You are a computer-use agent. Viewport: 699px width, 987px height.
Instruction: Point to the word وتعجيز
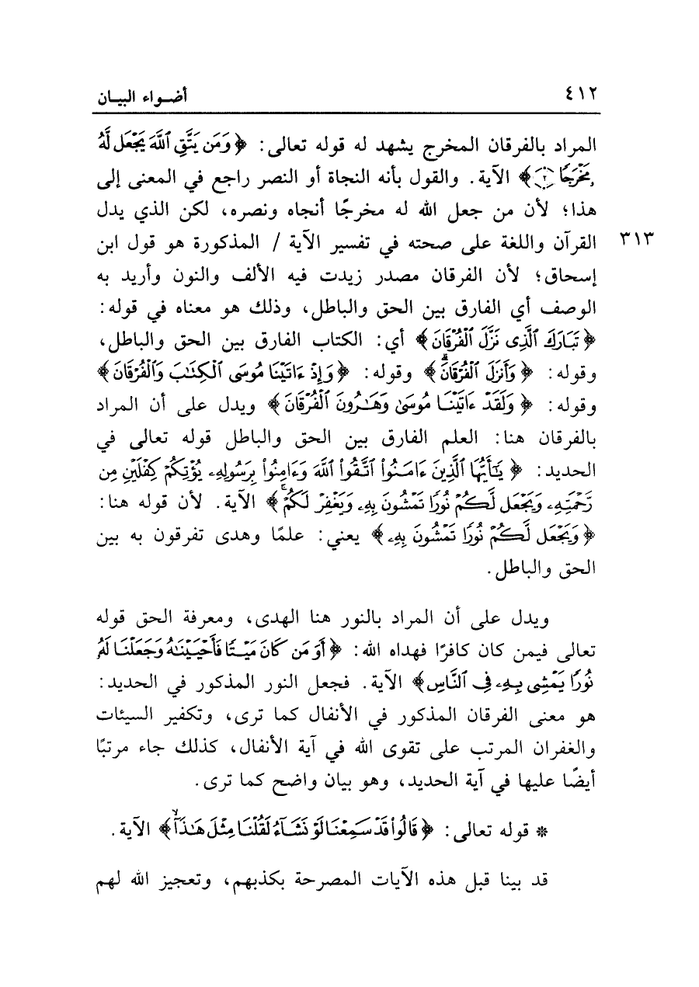click(x=173, y=881)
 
